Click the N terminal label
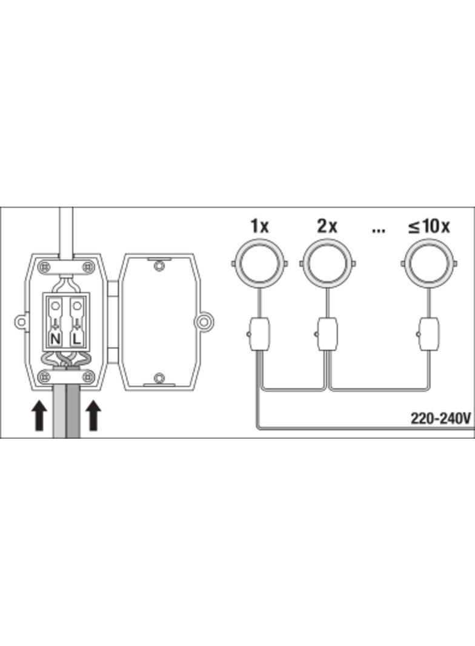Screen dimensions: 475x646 (55, 339)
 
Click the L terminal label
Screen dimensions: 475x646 (76, 339)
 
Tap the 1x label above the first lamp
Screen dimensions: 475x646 (259, 226)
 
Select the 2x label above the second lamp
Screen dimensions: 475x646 (327, 226)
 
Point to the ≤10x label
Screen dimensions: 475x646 (429, 226)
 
